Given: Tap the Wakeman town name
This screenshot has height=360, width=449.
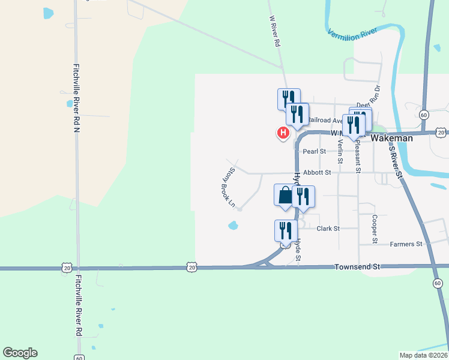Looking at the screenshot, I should (x=392, y=138).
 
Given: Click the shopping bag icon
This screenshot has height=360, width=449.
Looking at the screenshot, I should (x=285, y=196).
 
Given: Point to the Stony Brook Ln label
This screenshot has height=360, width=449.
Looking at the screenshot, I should (x=227, y=187).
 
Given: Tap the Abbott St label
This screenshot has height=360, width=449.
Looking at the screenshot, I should (x=317, y=173).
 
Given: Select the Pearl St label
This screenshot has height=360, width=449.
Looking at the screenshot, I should (x=314, y=152).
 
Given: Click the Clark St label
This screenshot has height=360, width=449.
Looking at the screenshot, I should (x=328, y=229).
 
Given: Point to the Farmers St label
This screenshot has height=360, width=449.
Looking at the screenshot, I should (x=406, y=244).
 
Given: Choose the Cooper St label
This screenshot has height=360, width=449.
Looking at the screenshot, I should (x=374, y=229).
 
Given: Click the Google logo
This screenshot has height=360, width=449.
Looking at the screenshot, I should (x=20, y=353).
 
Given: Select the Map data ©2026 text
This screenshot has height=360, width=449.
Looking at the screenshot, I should (x=424, y=355).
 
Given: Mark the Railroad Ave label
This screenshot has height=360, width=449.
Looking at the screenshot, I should (x=325, y=121).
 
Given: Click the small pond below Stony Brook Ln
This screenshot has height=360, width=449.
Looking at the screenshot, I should (x=233, y=226).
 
